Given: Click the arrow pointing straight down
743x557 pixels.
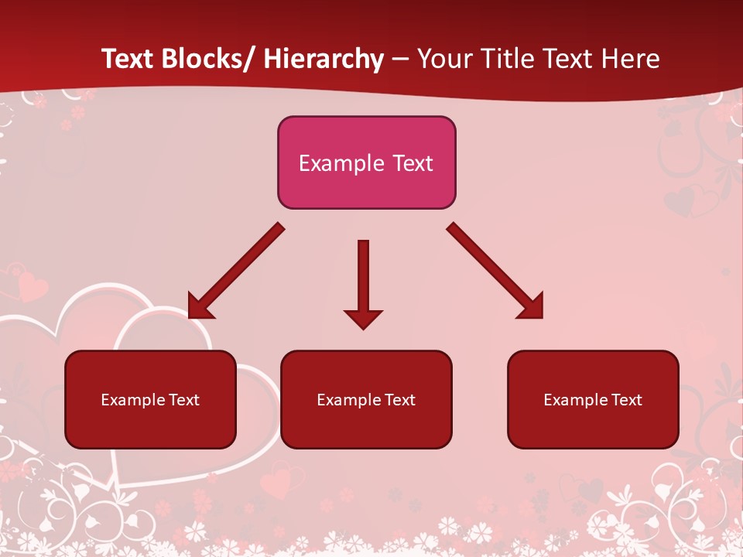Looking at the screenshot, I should coord(363,278).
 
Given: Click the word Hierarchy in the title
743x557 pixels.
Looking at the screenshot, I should coord(324,59).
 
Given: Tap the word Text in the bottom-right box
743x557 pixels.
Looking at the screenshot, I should coord(626,400).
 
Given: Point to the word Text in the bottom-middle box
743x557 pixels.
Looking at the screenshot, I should coord(399,400).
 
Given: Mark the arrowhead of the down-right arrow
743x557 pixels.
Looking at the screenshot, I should coord(532,307).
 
